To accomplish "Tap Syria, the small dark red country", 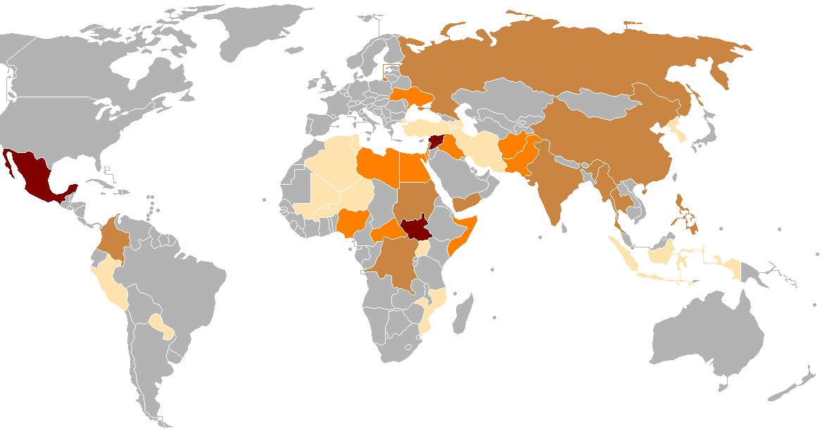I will [431, 141].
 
